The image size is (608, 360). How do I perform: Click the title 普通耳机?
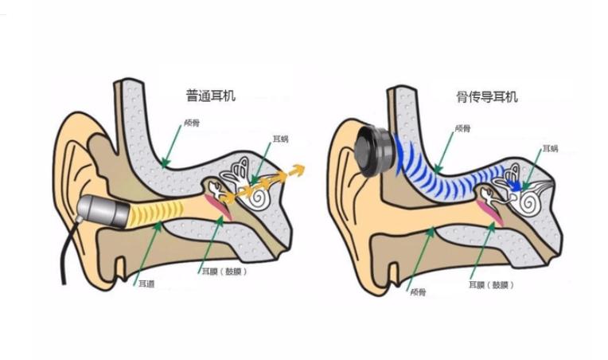click(211, 96)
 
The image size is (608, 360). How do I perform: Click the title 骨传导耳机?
click(487, 97)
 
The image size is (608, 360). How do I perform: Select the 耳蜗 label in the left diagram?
click(280, 139)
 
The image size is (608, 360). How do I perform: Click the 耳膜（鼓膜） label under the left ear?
click(224, 271)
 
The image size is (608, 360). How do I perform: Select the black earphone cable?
click(66, 255)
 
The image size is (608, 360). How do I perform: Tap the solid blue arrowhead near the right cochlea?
click(516, 187)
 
